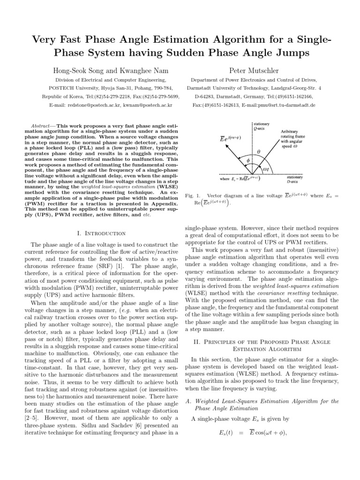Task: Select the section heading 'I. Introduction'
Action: (100, 233)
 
